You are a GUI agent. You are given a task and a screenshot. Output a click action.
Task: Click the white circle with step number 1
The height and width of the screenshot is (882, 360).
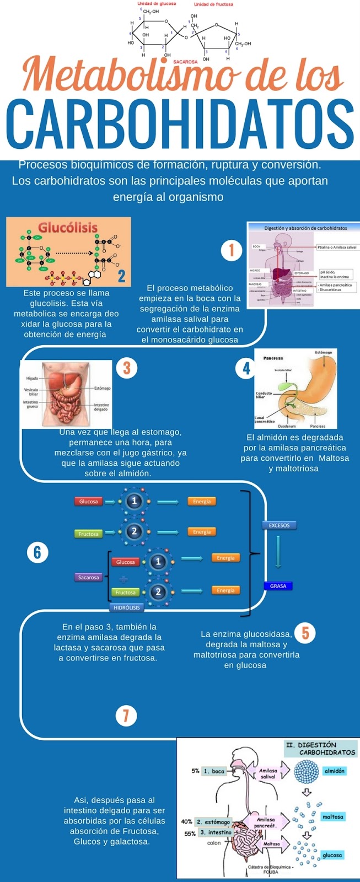coord(232,250)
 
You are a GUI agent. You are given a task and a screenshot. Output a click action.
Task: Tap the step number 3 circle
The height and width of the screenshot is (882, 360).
coord(126,367)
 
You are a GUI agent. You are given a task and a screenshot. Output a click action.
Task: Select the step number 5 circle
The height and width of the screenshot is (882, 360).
coord(305,633)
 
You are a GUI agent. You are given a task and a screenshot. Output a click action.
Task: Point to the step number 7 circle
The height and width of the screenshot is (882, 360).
coord(126,716)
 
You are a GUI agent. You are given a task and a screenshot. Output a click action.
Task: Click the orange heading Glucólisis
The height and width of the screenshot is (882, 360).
coord(68,227)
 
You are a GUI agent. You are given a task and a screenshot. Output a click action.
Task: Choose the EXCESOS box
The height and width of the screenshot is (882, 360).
coord(279,525)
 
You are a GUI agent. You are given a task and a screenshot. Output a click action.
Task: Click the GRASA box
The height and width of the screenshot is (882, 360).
coord(278,586)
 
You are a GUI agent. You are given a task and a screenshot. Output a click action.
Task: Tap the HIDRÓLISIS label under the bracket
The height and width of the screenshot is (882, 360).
coord(127,607)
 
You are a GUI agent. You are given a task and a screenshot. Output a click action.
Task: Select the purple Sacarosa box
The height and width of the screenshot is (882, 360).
coord(88,577)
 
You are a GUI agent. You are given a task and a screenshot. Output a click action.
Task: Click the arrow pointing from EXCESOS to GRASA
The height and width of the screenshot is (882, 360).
coord(278,551)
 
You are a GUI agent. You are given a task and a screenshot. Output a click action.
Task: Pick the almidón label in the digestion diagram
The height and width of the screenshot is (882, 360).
coord(334,771)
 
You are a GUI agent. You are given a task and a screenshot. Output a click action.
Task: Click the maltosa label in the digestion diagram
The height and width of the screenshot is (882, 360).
coord(332,816)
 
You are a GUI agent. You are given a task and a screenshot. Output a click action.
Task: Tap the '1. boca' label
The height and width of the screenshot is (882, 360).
coord(214,771)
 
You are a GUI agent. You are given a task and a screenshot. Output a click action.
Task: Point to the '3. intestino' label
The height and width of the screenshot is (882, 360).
coord(216,832)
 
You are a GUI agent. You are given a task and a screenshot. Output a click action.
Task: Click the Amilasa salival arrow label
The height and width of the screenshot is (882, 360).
coord(268,773)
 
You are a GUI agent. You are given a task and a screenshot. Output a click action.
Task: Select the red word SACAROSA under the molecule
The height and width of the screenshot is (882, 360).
coord(185,62)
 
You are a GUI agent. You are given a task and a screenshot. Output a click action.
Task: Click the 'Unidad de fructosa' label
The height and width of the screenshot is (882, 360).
coord(213,4)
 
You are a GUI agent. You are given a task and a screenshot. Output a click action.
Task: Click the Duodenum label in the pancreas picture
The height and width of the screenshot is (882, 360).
coord(287,426)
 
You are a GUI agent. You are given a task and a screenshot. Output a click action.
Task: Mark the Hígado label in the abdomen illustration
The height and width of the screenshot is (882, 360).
coord(32,379)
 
